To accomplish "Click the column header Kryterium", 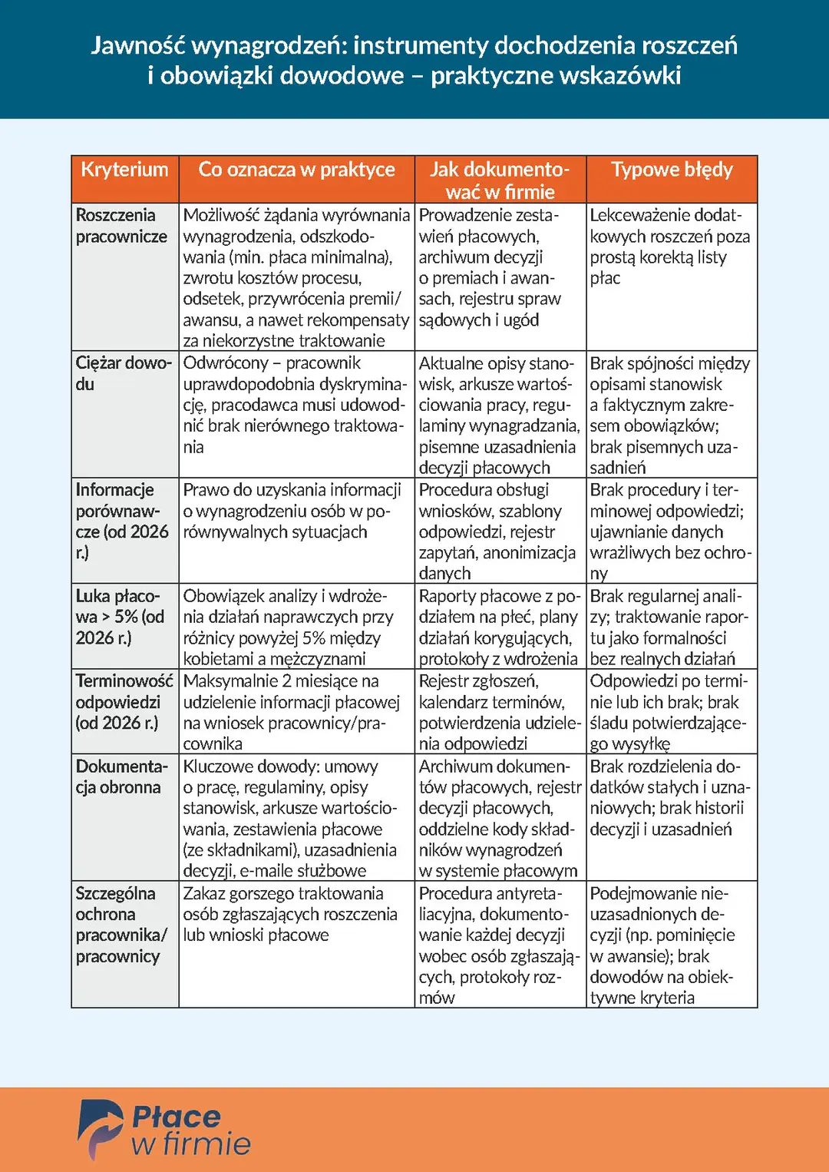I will point(124,170).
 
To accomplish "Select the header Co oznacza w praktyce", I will point(296,170).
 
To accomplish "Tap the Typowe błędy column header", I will point(672,170).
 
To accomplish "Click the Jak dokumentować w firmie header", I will point(500,180).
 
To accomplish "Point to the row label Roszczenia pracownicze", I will point(121,226).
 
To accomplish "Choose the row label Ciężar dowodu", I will point(123,373).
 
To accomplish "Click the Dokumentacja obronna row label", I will point(121,776).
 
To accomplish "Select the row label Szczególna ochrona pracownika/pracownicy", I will point(121,925).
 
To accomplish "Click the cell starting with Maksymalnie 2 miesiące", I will point(292,712).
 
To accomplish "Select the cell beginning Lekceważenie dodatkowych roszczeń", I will point(669,247).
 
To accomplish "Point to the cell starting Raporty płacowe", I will point(498,627).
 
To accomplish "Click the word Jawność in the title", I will point(137,46).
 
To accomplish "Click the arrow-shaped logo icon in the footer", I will point(99,1127).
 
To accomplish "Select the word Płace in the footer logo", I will point(176,1117).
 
